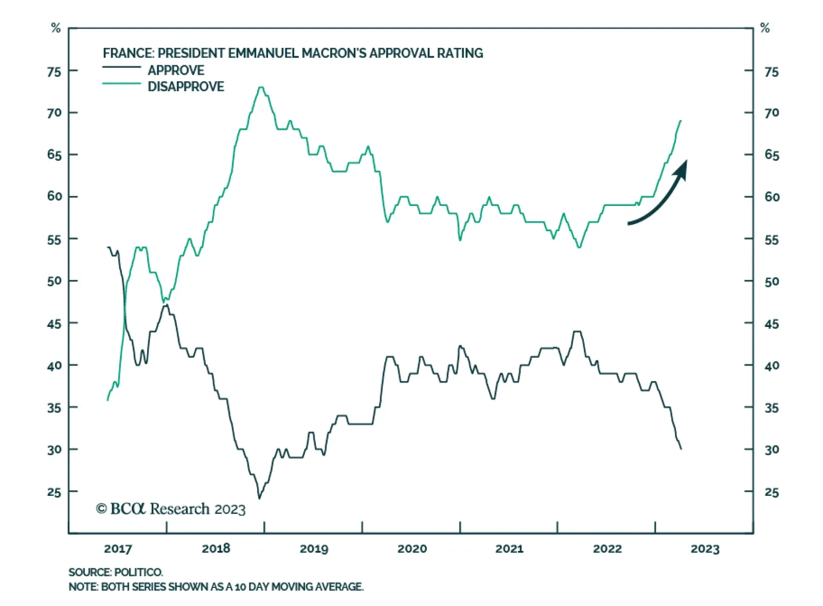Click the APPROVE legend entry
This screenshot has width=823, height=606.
[176, 71]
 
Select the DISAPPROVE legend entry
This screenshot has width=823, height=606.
[186, 86]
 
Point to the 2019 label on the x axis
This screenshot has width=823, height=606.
[314, 549]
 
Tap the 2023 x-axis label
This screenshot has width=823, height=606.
[705, 549]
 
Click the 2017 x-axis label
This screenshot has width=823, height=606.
[118, 549]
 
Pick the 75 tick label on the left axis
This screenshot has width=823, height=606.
[54, 72]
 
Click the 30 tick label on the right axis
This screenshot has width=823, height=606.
[772, 450]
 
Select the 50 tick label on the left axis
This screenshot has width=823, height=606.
[54, 281]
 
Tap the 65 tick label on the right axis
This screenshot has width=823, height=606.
[772, 155]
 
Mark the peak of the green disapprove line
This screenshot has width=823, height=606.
[261, 88]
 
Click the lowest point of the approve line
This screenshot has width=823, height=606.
[259, 498]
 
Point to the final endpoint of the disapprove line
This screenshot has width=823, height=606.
[681, 121]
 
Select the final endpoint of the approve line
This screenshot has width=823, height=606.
[681, 449]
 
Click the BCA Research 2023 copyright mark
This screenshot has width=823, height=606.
[171, 509]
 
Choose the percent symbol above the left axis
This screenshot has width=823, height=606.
[56, 28]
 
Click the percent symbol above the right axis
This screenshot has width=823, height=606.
[765, 28]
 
